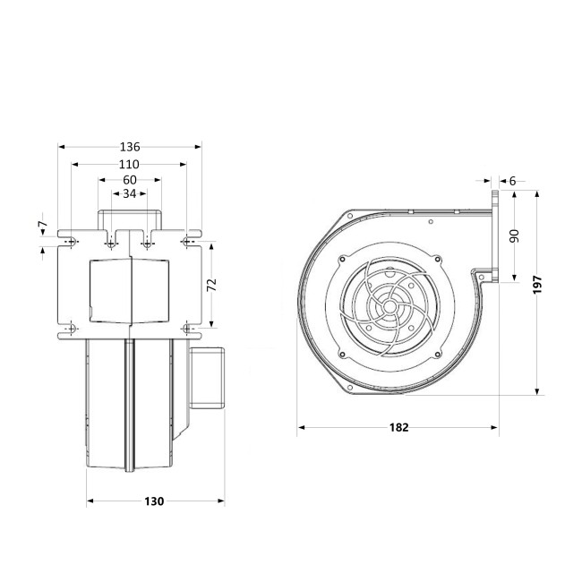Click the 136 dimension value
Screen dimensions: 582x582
click(130, 147)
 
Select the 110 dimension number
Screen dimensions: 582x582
click(129, 164)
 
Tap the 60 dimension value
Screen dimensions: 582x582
click(130, 180)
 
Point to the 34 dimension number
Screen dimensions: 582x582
click(130, 193)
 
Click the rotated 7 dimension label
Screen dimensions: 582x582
click(44, 224)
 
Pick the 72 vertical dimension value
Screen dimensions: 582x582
click(211, 285)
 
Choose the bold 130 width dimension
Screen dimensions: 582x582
click(154, 501)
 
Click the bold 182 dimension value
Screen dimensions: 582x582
click(399, 428)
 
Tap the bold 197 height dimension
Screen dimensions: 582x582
click(537, 285)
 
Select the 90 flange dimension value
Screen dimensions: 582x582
click(514, 236)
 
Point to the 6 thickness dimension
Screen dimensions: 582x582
click(512, 181)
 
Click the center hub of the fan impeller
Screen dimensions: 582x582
click(389, 306)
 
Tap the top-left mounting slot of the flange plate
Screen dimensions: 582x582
click(72, 242)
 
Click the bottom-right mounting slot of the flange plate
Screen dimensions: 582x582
click(187, 329)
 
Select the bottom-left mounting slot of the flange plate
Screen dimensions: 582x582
click(72, 329)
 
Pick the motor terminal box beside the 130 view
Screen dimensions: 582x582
click(207, 378)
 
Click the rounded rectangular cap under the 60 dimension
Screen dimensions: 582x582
click(130, 219)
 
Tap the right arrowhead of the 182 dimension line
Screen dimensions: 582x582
click(494, 428)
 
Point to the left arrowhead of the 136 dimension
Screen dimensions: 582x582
click(62, 147)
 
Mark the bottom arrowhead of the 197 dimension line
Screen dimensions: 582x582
click(537, 391)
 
